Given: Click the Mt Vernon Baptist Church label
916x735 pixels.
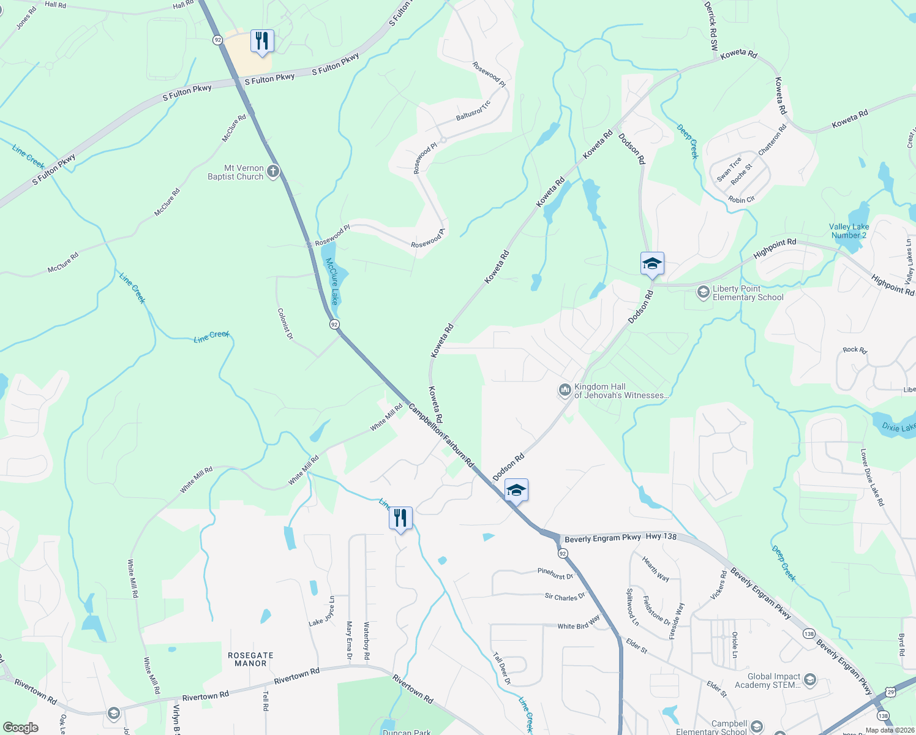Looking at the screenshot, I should pyautogui.click(x=236, y=172).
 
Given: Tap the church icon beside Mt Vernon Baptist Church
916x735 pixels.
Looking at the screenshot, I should pyautogui.click(x=273, y=171).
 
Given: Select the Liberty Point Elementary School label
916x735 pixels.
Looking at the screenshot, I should pyautogui.click(x=748, y=293).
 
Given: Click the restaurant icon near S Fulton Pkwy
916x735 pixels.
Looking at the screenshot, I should pyautogui.click(x=262, y=42).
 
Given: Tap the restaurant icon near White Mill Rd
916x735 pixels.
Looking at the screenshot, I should pyautogui.click(x=400, y=518).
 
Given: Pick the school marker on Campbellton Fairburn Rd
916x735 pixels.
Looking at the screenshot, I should pyautogui.click(x=516, y=490).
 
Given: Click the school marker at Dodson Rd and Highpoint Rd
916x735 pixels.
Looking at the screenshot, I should pyautogui.click(x=652, y=264).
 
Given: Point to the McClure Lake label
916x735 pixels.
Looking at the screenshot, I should pyautogui.click(x=332, y=281).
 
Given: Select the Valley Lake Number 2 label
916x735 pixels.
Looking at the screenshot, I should pyautogui.click(x=849, y=231).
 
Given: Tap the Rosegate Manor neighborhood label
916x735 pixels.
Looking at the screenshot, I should pyautogui.click(x=250, y=659).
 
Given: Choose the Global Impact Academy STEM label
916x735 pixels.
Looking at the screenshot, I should pyautogui.click(x=768, y=680).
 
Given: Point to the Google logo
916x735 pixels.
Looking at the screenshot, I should pyautogui.click(x=20, y=727).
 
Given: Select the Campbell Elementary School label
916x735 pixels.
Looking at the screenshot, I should pyautogui.click(x=711, y=727).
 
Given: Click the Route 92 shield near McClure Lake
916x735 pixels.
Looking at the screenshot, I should pyautogui.click(x=334, y=324).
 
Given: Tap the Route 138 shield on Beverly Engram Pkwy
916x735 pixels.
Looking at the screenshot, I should pyautogui.click(x=809, y=634).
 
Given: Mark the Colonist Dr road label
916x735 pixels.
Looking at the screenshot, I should pyautogui.click(x=285, y=323).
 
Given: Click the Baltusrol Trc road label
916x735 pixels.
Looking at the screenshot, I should pyautogui.click(x=473, y=111).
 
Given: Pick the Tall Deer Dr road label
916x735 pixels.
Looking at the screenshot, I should pyautogui.click(x=501, y=668).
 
